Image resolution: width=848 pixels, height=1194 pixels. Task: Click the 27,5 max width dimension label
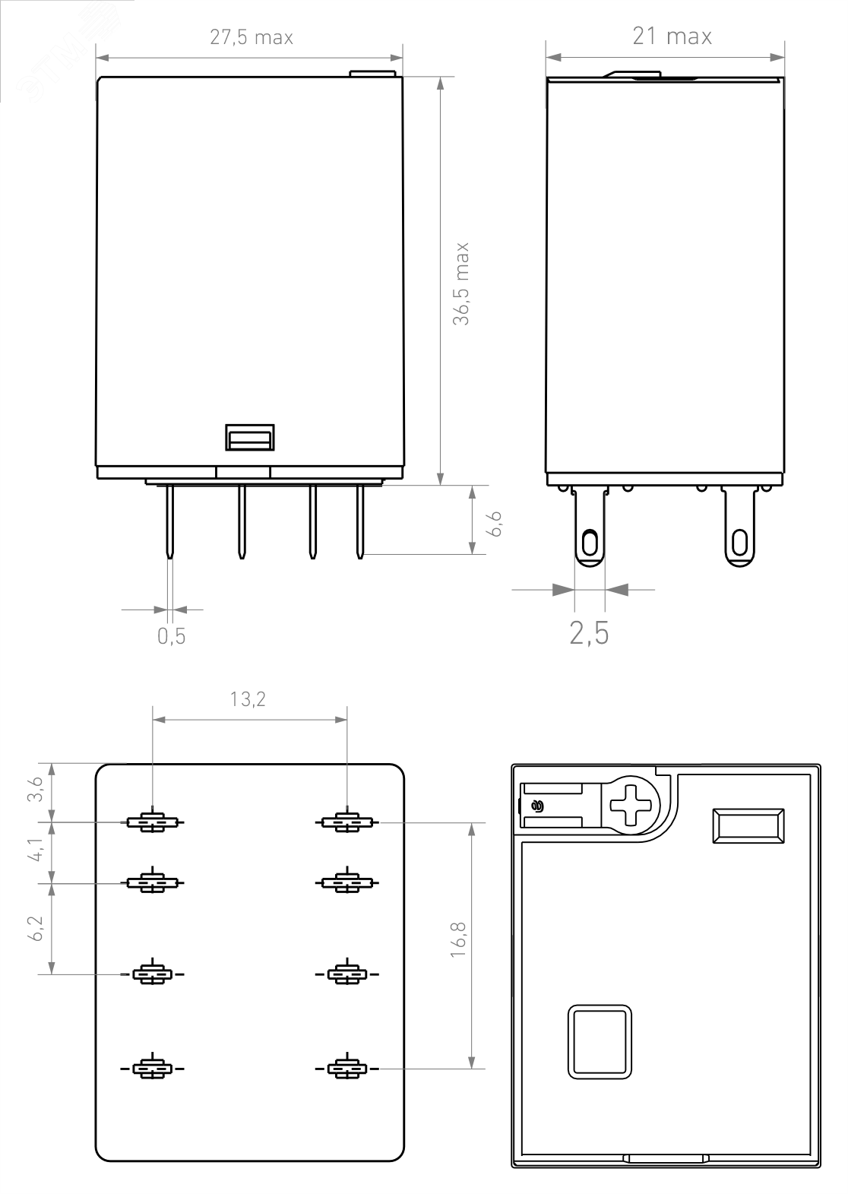pos(252,37)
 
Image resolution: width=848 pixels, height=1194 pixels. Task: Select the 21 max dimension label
pos(672,36)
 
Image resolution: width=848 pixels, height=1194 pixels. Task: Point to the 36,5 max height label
pos(461,283)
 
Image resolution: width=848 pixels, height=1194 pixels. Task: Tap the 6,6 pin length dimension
pos(495,524)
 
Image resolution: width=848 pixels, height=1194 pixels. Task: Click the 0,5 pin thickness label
pos(172,636)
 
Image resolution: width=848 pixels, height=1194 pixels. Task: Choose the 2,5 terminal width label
pos(589,633)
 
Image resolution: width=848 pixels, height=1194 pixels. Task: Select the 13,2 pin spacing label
pos(248,698)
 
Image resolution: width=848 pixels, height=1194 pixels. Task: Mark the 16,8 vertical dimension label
pos(458,939)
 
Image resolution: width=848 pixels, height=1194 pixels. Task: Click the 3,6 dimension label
pos(35,789)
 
